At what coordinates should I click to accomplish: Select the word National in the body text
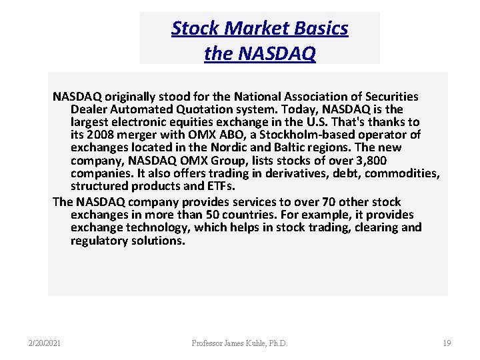(x=252, y=97)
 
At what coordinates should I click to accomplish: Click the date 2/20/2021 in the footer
(x=45, y=343)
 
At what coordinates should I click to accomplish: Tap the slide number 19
(x=447, y=343)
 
